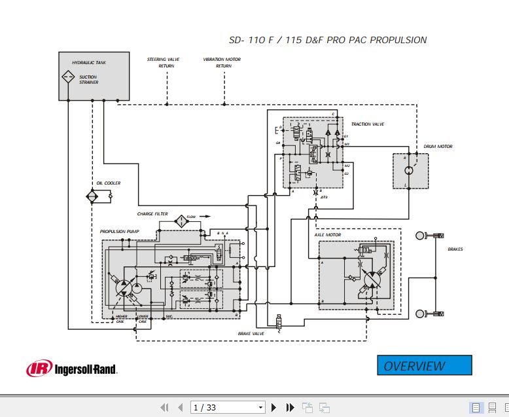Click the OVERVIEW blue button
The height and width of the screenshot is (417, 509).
click(x=424, y=365)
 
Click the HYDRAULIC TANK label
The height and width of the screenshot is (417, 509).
click(x=89, y=63)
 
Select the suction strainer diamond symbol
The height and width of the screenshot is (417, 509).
click(x=68, y=78)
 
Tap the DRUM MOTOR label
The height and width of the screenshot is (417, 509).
click(x=438, y=147)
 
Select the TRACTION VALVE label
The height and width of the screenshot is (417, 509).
click(x=367, y=124)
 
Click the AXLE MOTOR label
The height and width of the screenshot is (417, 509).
click(x=328, y=234)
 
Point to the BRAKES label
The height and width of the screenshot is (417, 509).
click(x=455, y=249)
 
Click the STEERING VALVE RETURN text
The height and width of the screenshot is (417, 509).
click(x=164, y=63)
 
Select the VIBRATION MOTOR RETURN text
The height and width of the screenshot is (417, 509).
click(x=222, y=63)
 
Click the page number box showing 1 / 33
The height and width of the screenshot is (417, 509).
click(x=228, y=407)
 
